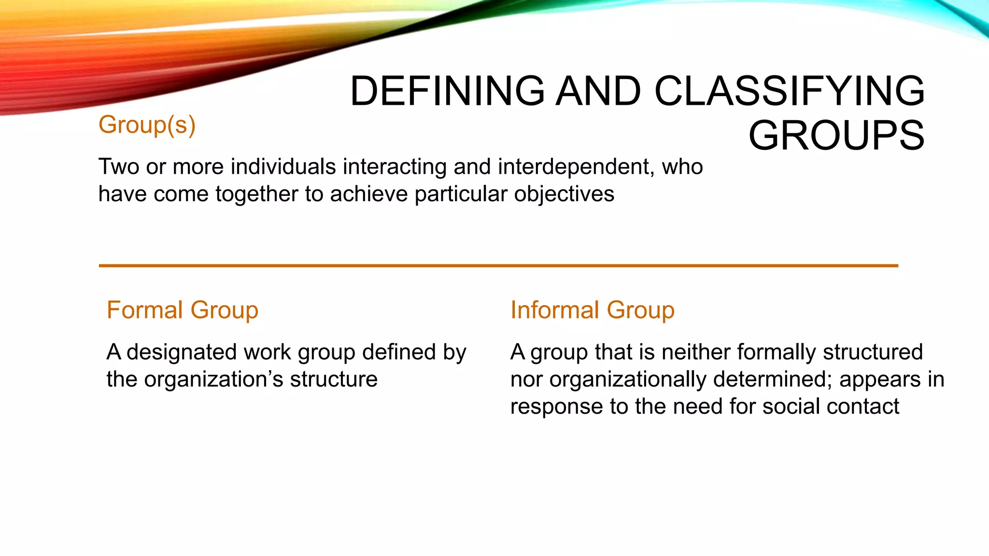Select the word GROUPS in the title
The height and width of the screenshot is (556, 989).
click(836, 136)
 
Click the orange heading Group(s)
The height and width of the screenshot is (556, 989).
click(147, 125)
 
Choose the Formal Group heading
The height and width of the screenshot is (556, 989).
click(183, 310)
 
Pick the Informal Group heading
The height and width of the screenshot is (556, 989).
click(592, 310)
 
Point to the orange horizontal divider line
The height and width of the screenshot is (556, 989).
click(498, 265)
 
